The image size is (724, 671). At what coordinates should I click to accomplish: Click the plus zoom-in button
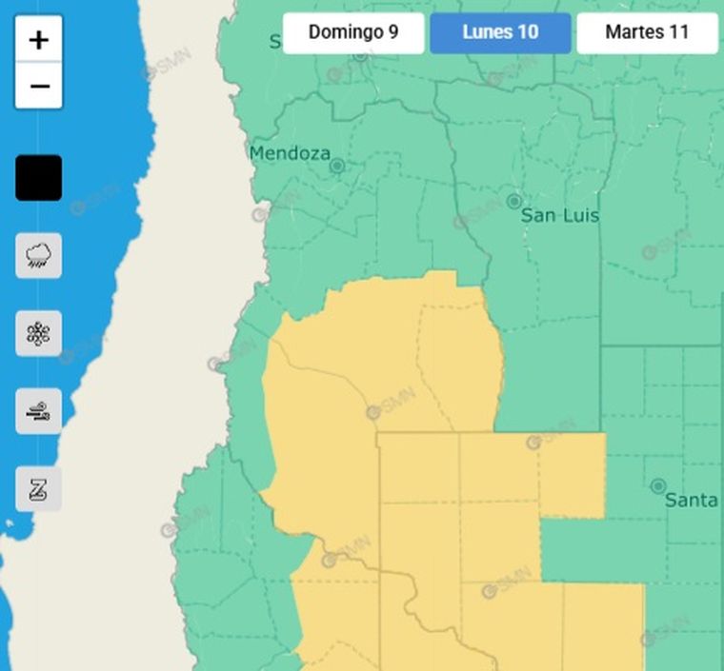39,40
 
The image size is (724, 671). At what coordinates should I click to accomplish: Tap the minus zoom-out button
39,87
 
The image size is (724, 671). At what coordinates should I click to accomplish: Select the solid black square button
39,178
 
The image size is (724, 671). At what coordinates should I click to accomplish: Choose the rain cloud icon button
39,255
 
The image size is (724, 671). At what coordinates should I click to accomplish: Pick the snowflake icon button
39,333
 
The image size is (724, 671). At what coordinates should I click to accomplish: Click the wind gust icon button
39,412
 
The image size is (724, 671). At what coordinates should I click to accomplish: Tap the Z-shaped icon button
39,489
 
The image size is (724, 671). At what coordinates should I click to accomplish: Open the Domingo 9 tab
353,32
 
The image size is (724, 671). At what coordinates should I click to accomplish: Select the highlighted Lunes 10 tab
500,32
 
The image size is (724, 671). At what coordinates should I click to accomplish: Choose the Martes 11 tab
647,32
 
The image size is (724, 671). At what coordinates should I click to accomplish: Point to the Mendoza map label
290,153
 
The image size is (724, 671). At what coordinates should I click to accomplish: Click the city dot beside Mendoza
336,167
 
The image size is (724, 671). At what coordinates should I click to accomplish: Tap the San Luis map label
560,216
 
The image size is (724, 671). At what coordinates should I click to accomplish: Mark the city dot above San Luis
513,202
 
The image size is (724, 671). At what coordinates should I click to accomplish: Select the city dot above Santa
657,486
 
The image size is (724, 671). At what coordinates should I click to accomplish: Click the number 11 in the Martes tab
678,32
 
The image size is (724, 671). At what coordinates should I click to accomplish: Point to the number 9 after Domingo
393,32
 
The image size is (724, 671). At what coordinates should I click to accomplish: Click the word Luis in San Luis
582,216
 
